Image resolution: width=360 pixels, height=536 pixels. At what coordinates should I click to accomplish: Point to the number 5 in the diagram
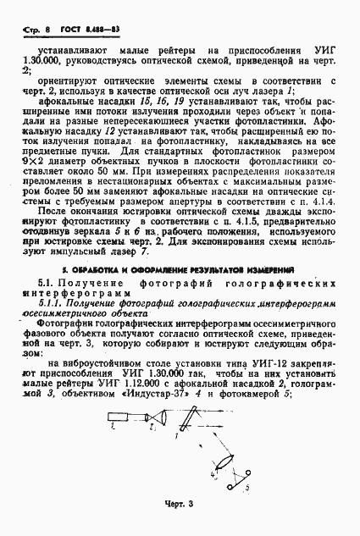pos(246,488)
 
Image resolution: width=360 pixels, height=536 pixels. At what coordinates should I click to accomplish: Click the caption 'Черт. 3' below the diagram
pos(180,505)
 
